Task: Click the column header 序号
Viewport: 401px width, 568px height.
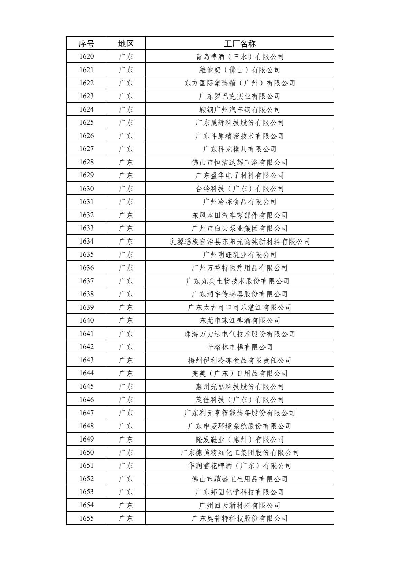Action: coord(86,44)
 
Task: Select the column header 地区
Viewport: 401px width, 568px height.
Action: coord(126,44)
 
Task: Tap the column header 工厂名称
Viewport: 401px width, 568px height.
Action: coord(240,44)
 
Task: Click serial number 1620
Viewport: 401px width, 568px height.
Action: coord(86,57)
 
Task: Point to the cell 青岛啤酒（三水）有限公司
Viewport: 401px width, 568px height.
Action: coord(240,57)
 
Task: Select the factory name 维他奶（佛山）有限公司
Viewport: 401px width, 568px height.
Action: coord(240,70)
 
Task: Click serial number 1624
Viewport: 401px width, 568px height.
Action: coord(86,109)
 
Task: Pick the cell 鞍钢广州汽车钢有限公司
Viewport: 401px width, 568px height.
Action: coord(240,109)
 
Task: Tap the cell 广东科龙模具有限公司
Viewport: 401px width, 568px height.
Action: coord(240,149)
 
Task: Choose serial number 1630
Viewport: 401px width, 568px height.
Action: coord(86,189)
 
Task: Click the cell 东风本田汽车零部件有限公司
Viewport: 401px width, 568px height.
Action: coord(240,215)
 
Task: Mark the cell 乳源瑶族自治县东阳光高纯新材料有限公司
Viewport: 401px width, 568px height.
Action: coord(240,241)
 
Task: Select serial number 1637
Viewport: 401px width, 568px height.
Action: coord(86,281)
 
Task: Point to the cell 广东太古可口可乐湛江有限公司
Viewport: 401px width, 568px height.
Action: coord(240,307)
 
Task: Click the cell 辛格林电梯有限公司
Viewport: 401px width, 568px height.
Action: coord(240,347)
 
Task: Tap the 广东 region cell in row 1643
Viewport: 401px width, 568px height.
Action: coord(126,360)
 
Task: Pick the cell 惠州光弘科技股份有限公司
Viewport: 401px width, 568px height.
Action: coord(240,386)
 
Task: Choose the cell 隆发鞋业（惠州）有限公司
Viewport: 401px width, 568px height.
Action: coord(240,439)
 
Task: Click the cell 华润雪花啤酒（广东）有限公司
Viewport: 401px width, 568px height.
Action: coord(240,465)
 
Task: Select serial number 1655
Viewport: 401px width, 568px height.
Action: coord(86,518)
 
